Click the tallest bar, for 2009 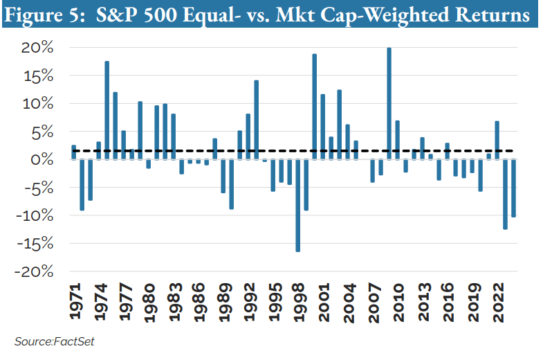pyautogui.click(x=389, y=104)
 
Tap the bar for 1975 pyautogui.click(x=107, y=110)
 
